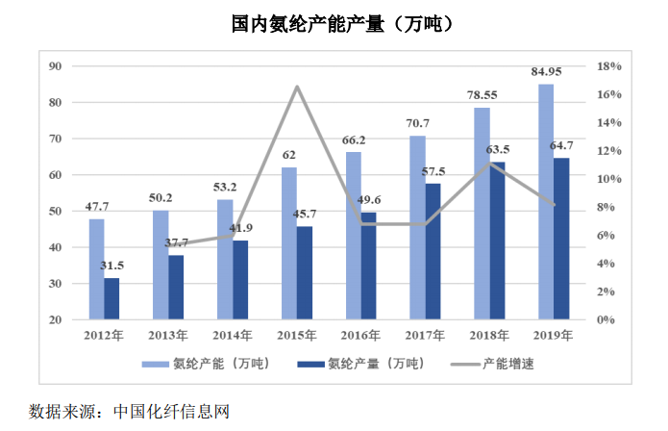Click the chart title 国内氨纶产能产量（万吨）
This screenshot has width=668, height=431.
(341, 23)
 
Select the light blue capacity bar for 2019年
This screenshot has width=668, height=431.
(546, 202)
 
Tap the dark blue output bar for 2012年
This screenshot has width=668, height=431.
(111, 298)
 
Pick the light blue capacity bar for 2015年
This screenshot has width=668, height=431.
(289, 243)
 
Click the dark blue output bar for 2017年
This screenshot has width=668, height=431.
(433, 251)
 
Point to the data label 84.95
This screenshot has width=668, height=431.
(546, 71)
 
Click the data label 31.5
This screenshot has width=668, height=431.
(112, 266)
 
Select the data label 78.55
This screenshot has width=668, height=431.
(482, 95)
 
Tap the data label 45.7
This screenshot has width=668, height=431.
(305, 214)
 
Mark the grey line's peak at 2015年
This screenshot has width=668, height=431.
(297, 87)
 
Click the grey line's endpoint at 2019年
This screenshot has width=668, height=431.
(554, 205)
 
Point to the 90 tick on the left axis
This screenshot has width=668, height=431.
(55, 66)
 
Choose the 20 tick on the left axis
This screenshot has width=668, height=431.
(55, 319)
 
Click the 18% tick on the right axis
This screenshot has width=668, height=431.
(609, 66)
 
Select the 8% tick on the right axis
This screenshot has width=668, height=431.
(606, 207)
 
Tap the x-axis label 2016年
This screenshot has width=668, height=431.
(360, 336)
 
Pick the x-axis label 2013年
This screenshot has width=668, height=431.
(168, 336)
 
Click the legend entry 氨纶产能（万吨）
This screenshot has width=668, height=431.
(207, 364)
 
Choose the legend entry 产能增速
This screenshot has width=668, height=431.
(493, 364)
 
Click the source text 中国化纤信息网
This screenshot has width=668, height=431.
(171, 412)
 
